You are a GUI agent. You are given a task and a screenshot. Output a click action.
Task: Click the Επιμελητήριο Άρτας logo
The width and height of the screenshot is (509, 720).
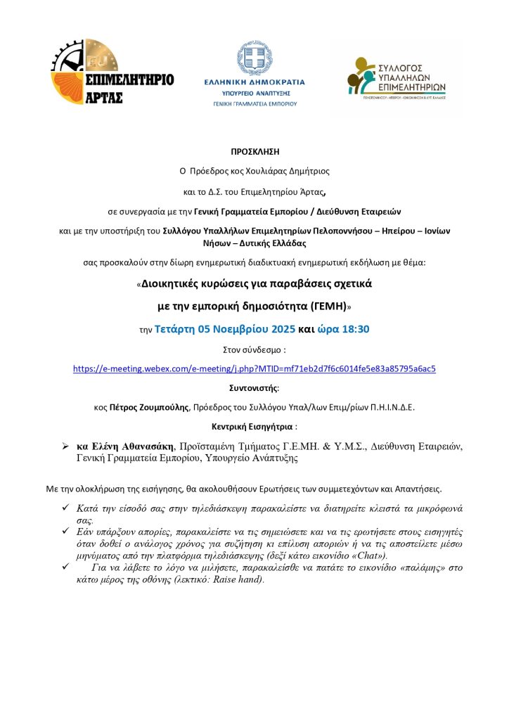coord(112,73)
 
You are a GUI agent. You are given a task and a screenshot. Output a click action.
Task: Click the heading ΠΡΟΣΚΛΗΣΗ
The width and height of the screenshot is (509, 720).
coord(254,151)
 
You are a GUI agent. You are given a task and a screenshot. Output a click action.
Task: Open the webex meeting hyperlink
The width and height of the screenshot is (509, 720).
coord(254,368)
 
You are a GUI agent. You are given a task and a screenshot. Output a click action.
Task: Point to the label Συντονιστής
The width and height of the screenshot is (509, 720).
coord(254,387)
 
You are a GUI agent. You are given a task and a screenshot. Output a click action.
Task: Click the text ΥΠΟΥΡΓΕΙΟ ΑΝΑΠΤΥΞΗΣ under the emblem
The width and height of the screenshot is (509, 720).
coord(254,92)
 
